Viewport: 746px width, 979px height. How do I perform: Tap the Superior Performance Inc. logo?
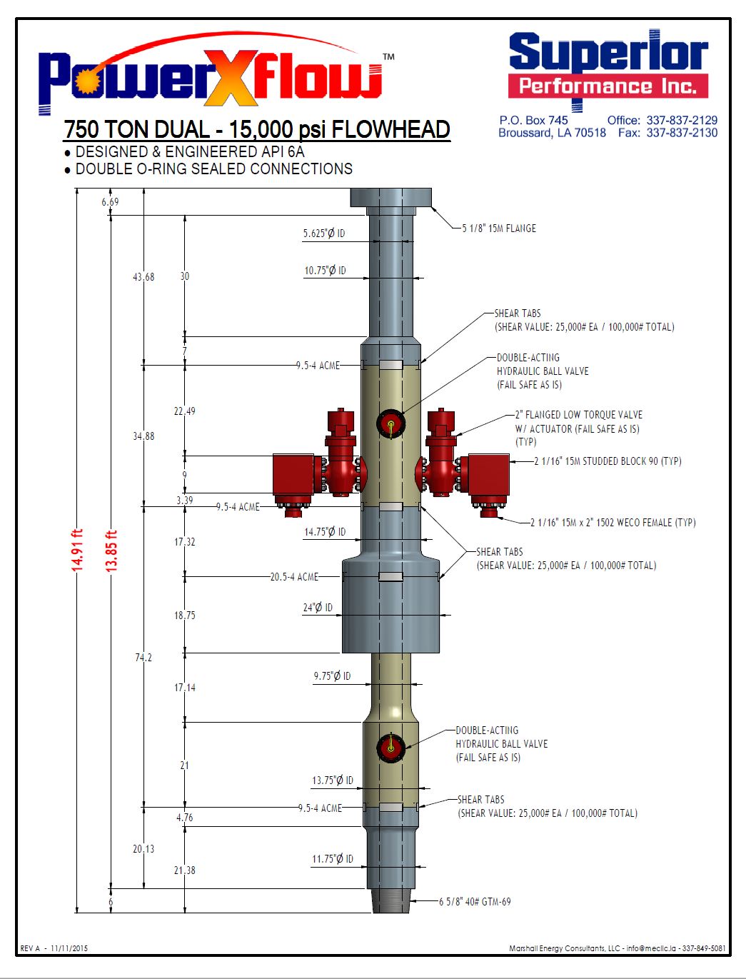point(608,68)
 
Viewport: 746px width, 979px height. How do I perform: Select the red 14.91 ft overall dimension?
point(78,549)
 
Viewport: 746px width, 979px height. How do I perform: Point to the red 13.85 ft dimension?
point(111,551)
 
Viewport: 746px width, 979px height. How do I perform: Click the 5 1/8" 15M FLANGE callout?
point(499,229)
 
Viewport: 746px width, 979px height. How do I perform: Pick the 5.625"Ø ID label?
point(324,234)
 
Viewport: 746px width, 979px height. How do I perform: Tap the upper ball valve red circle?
point(391,424)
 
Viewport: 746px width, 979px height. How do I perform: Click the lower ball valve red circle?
point(390,747)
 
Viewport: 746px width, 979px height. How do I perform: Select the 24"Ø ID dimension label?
point(318,608)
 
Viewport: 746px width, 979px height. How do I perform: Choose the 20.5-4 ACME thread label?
point(294,577)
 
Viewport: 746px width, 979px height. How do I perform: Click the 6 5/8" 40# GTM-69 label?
point(475,902)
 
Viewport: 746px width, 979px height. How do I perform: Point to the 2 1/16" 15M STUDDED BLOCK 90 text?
point(608,461)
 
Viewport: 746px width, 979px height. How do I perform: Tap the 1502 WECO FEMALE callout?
point(613,523)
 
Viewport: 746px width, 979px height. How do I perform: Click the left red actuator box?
point(293,474)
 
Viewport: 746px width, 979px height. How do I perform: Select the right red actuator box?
point(488,474)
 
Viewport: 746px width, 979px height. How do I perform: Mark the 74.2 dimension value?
point(143,658)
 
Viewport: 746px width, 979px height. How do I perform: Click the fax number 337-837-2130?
point(682,133)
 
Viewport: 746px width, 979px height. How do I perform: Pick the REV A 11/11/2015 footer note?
point(54,948)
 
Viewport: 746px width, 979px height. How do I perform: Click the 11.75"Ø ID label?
point(333,859)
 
